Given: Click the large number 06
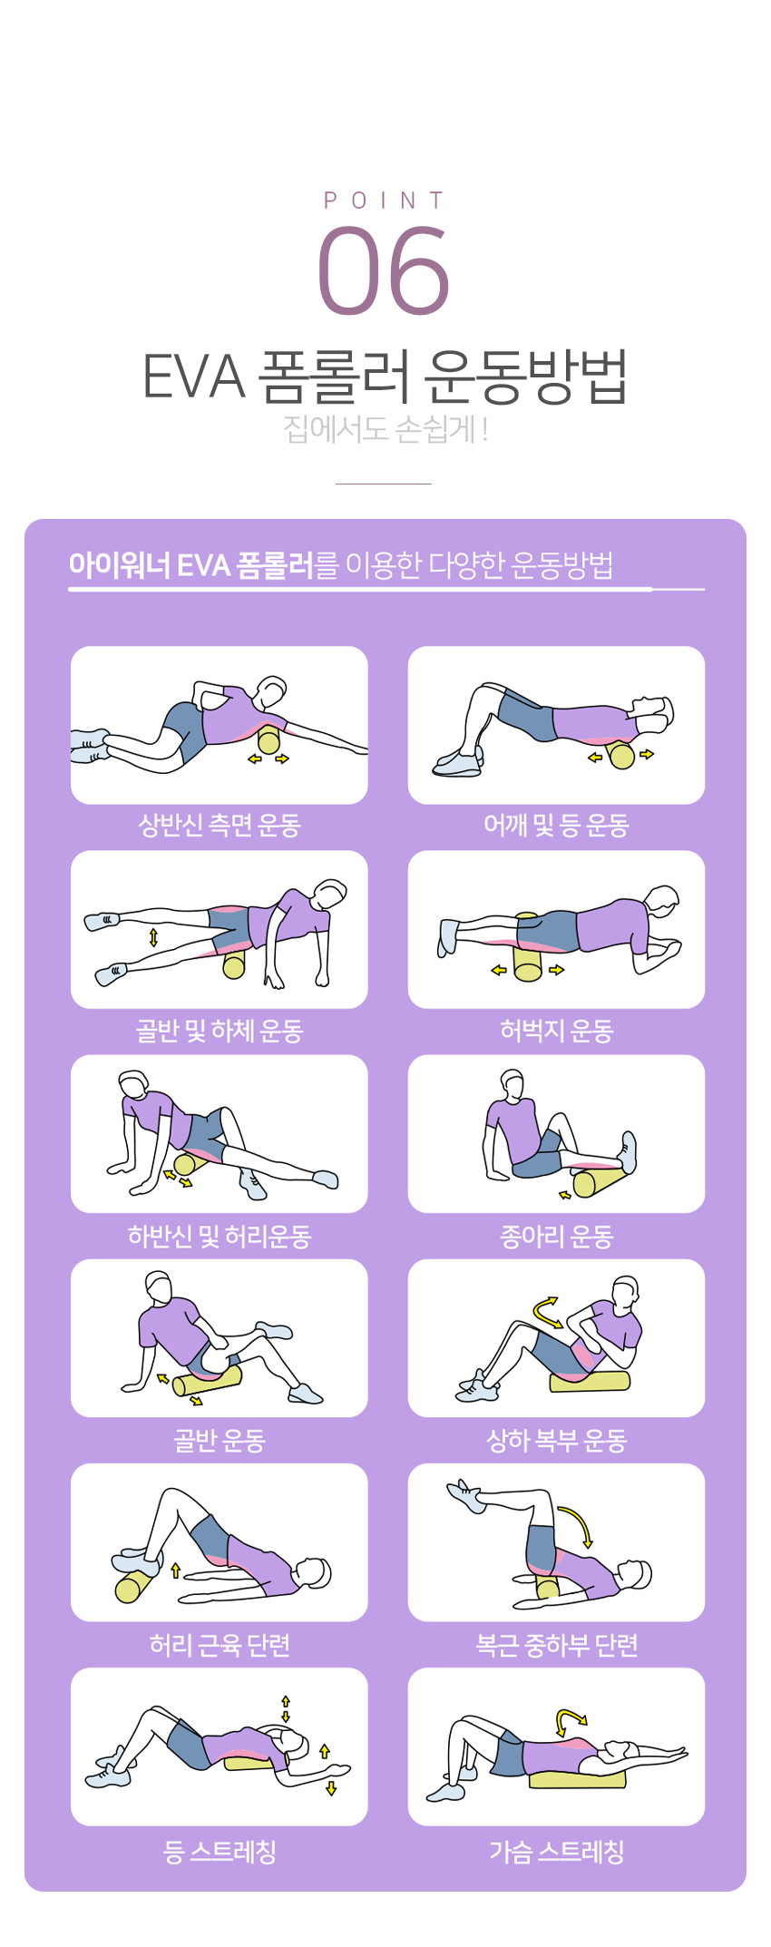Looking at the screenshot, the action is tap(384, 270).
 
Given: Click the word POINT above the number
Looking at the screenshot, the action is tap(385, 201).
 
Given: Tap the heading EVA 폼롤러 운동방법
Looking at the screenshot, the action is tap(385, 376).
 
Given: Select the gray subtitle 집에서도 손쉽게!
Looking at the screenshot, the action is tap(385, 428).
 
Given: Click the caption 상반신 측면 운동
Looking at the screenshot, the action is tap(220, 825).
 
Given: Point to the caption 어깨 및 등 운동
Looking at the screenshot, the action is tap(556, 825).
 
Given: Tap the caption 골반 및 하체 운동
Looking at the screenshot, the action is tap(220, 1031).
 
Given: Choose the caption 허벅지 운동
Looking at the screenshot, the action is tap(556, 1031).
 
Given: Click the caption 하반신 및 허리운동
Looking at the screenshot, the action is tap(220, 1236).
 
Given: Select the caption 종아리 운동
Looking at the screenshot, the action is tap(556, 1236).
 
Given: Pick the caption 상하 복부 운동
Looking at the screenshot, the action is tap(556, 1440).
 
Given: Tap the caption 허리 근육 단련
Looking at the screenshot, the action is tap(220, 1645).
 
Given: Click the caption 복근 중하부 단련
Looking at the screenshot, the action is tap(556, 1645).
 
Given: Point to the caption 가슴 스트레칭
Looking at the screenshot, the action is tap(556, 1851).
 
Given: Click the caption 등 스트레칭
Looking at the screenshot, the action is tap(220, 1851).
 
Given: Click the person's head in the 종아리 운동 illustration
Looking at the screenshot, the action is tap(512, 1083).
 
